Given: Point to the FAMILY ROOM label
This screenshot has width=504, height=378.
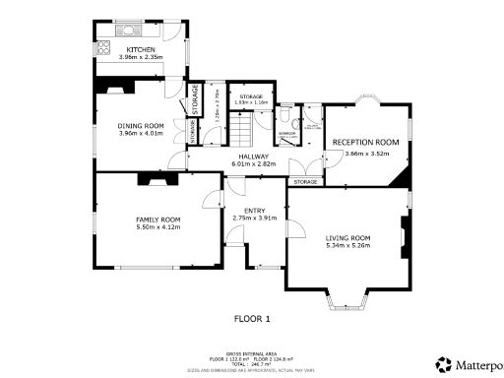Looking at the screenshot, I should tap(157, 219).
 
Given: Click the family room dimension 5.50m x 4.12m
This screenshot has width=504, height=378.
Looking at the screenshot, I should tap(157, 227).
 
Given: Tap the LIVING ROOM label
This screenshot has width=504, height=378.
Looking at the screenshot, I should tap(347, 237).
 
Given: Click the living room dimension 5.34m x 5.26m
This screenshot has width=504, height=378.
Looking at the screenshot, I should tap(347, 246).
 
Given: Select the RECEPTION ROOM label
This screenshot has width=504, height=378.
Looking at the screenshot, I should tap(365, 144).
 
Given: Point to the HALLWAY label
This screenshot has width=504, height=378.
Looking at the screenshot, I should tap(252, 156).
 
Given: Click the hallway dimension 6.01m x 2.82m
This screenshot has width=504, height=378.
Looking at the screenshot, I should tap(252, 163).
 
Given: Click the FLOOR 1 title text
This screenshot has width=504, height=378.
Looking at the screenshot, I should tap(252, 319).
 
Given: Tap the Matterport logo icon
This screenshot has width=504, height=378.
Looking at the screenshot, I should tap(444, 363).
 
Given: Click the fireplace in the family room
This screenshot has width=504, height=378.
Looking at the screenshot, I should tap(156, 178).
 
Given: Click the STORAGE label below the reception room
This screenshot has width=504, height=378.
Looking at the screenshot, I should tap(305, 182).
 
